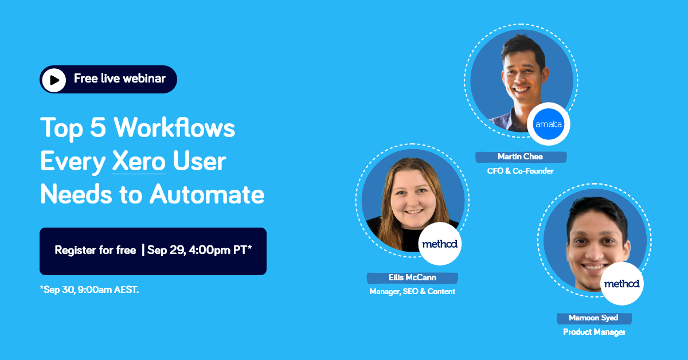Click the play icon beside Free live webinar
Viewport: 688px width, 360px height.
point(54,80)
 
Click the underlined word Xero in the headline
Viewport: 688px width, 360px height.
point(139,161)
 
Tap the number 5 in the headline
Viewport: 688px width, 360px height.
point(98,127)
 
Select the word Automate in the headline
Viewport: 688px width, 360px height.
point(207,194)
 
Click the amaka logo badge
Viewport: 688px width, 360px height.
point(549,124)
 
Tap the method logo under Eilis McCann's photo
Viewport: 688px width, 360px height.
point(440,244)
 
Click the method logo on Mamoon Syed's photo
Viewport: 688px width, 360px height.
point(622,284)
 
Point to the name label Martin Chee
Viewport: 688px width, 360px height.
point(521,156)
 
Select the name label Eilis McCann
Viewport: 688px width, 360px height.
point(412,277)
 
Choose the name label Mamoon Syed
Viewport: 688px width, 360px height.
point(594,318)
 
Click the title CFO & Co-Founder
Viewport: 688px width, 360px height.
point(521,171)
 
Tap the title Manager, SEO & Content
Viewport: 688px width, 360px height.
point(412,292)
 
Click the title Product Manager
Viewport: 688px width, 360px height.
point(595,332)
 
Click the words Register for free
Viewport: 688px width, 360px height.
point(95,251)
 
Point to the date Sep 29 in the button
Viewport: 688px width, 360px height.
point(166,251)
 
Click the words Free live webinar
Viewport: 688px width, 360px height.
point(120,79)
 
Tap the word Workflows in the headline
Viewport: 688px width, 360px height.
point(174,127)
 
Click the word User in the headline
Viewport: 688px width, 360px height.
point(200,161)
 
